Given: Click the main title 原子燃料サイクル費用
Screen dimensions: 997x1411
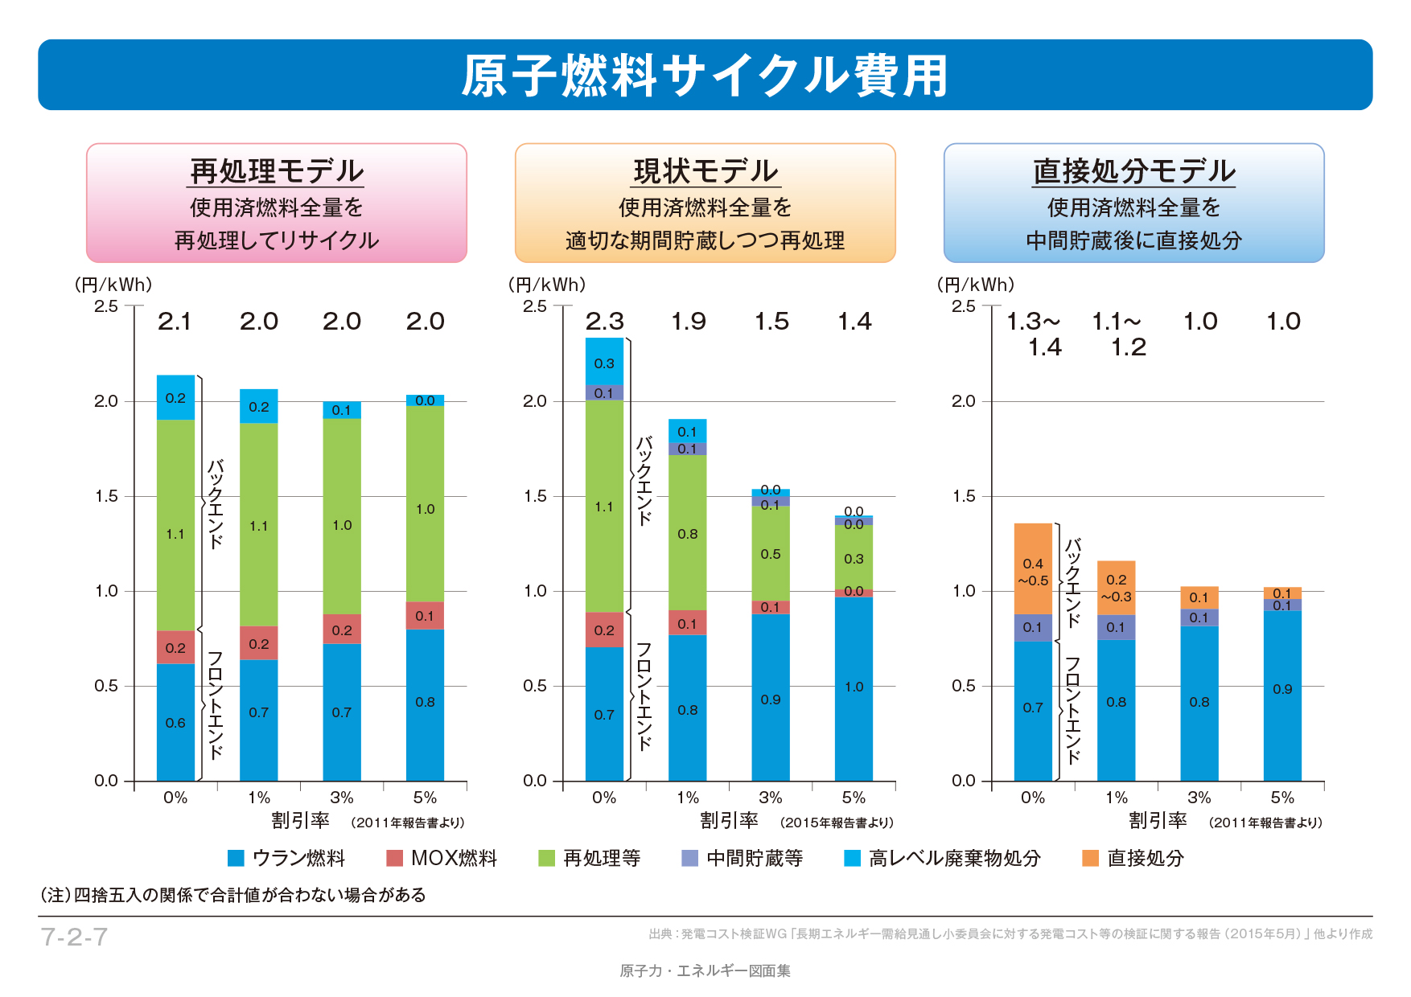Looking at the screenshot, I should [705, 76].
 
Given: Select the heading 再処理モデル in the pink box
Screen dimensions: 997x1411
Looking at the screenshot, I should [277, 171].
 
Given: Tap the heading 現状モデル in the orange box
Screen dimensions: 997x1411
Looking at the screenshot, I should [705, 171].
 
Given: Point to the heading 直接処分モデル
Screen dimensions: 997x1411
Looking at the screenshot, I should [1133, 171].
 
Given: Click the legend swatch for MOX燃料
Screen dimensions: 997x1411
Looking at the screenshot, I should [394, 858].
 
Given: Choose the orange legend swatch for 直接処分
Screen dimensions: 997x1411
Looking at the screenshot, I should [1090, 858].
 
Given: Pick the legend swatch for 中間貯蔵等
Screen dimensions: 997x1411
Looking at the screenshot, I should [689, 858].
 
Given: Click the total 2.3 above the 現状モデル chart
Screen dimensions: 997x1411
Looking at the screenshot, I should [604, 322].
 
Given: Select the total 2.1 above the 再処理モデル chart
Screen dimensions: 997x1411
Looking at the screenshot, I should [175, 322].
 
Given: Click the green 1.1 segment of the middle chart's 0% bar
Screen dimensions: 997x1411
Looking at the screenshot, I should [604, 507].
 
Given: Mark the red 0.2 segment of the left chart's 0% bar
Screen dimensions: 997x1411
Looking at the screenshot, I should [175, 647].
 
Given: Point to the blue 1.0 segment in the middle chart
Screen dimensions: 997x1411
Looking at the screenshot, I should [854, 687].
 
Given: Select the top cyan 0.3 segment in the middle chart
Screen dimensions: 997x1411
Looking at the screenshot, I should [604, 363].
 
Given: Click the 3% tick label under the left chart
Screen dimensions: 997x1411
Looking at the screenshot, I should [342, 798].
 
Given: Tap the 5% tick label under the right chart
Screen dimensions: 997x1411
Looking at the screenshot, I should [1282, 798].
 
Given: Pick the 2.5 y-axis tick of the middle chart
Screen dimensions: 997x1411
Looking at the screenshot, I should [534, 306].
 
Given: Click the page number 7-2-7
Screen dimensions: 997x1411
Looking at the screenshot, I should [74, 937].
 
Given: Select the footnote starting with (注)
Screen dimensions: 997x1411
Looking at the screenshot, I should [232, 895].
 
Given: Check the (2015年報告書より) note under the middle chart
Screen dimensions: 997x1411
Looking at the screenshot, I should [837, 823].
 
